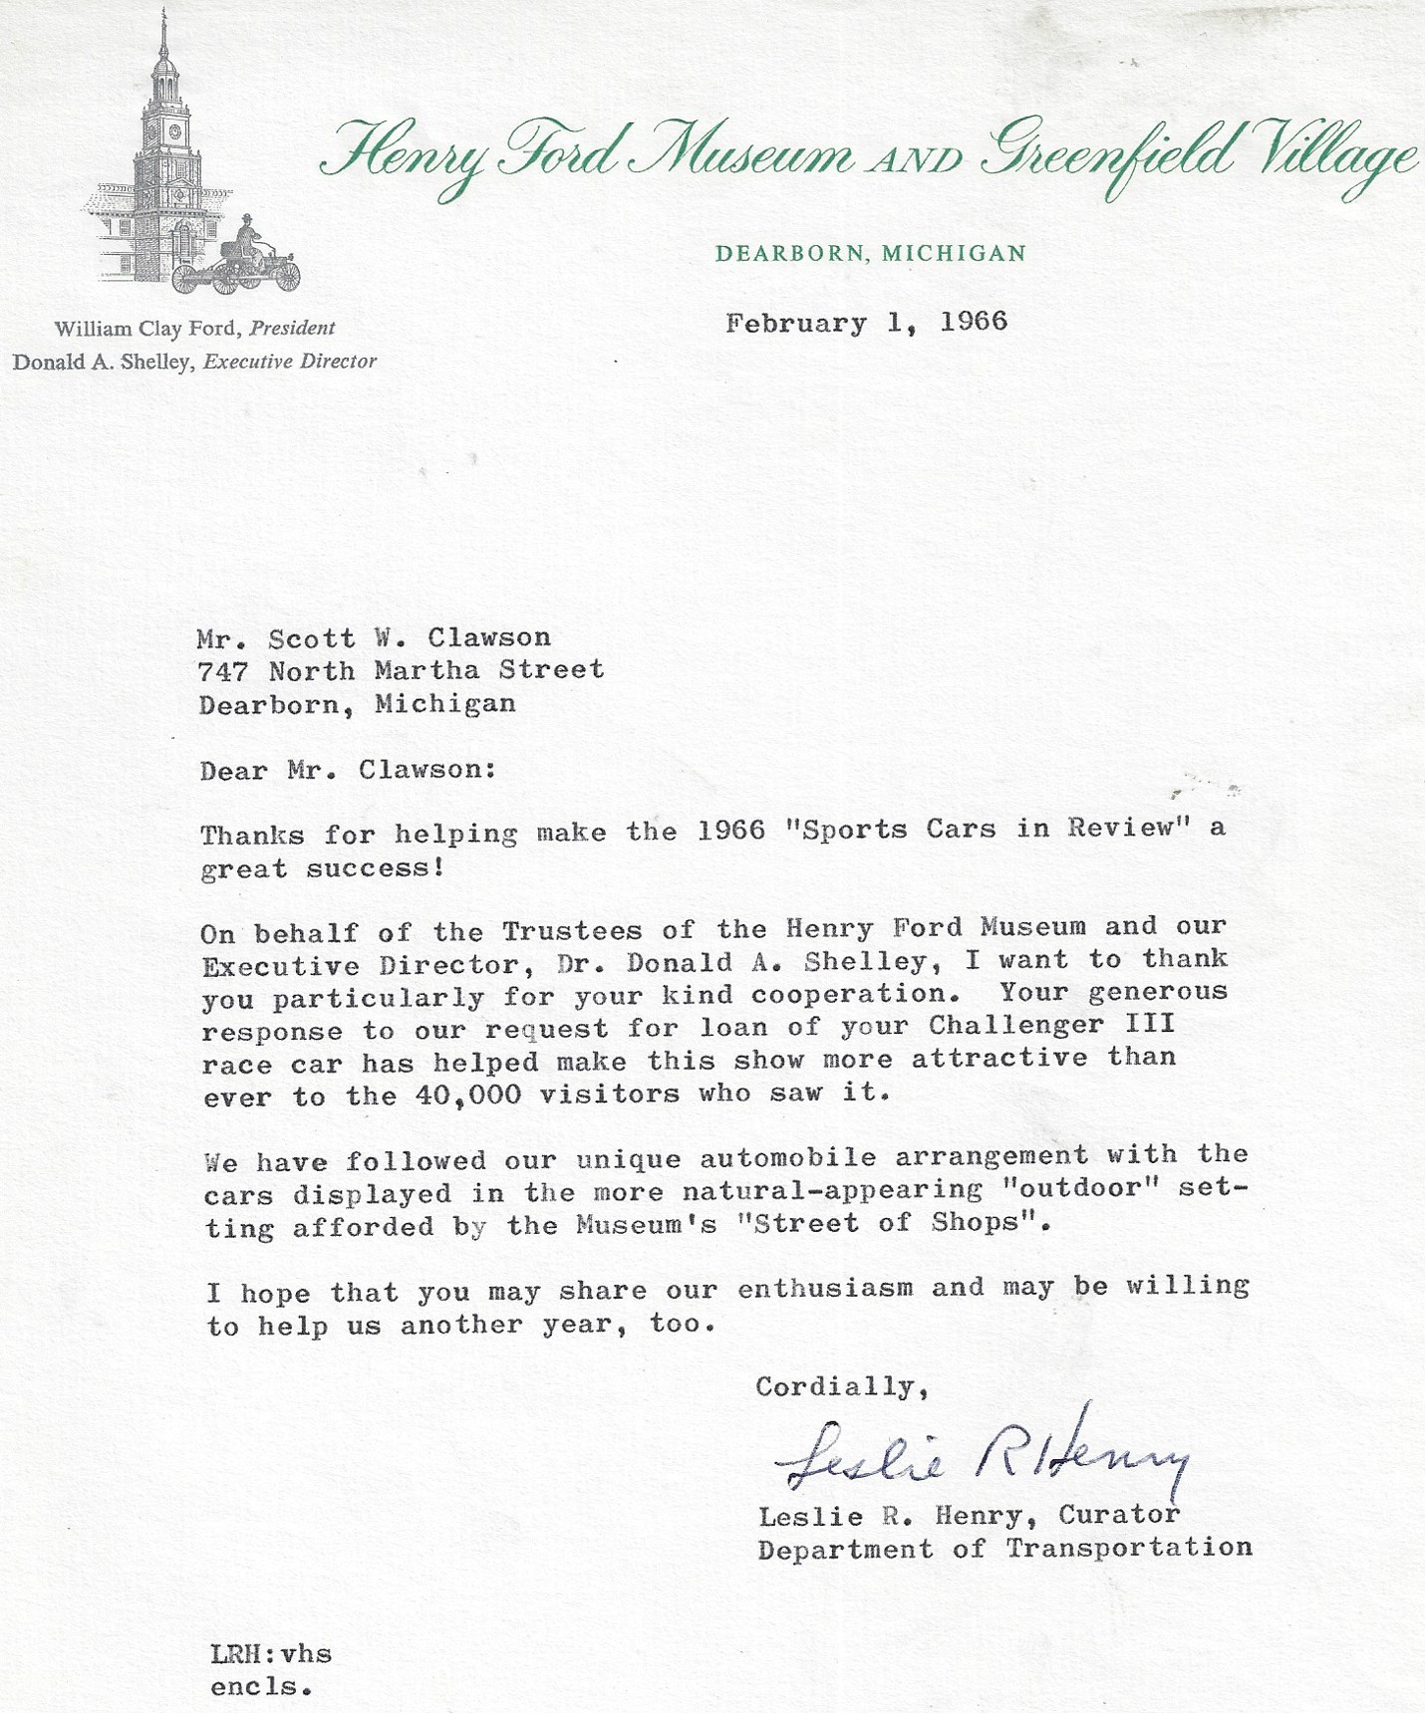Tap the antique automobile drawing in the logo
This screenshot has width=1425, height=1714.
pos(239,264)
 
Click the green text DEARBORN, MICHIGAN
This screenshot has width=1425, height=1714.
pos(870,253)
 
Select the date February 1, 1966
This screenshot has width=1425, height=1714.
pos(866,322)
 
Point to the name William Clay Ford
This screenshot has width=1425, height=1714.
pos(146,328)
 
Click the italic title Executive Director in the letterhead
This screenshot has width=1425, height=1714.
pos(290,362)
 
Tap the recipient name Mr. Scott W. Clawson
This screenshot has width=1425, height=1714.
pos(374,637)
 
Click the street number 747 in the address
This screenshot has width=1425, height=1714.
pos(222,671)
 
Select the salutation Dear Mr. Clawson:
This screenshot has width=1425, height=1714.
pos(348,770)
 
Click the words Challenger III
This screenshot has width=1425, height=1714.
pos(1051,1025)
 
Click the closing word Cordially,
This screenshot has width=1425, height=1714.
pos(842,1386)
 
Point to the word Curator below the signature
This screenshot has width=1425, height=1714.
pos(1119,1515)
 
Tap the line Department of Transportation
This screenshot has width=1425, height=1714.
pos(1004,1549)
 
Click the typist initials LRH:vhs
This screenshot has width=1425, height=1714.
pos(271,1654)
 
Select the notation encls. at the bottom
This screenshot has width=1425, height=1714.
pos(261,1687)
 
